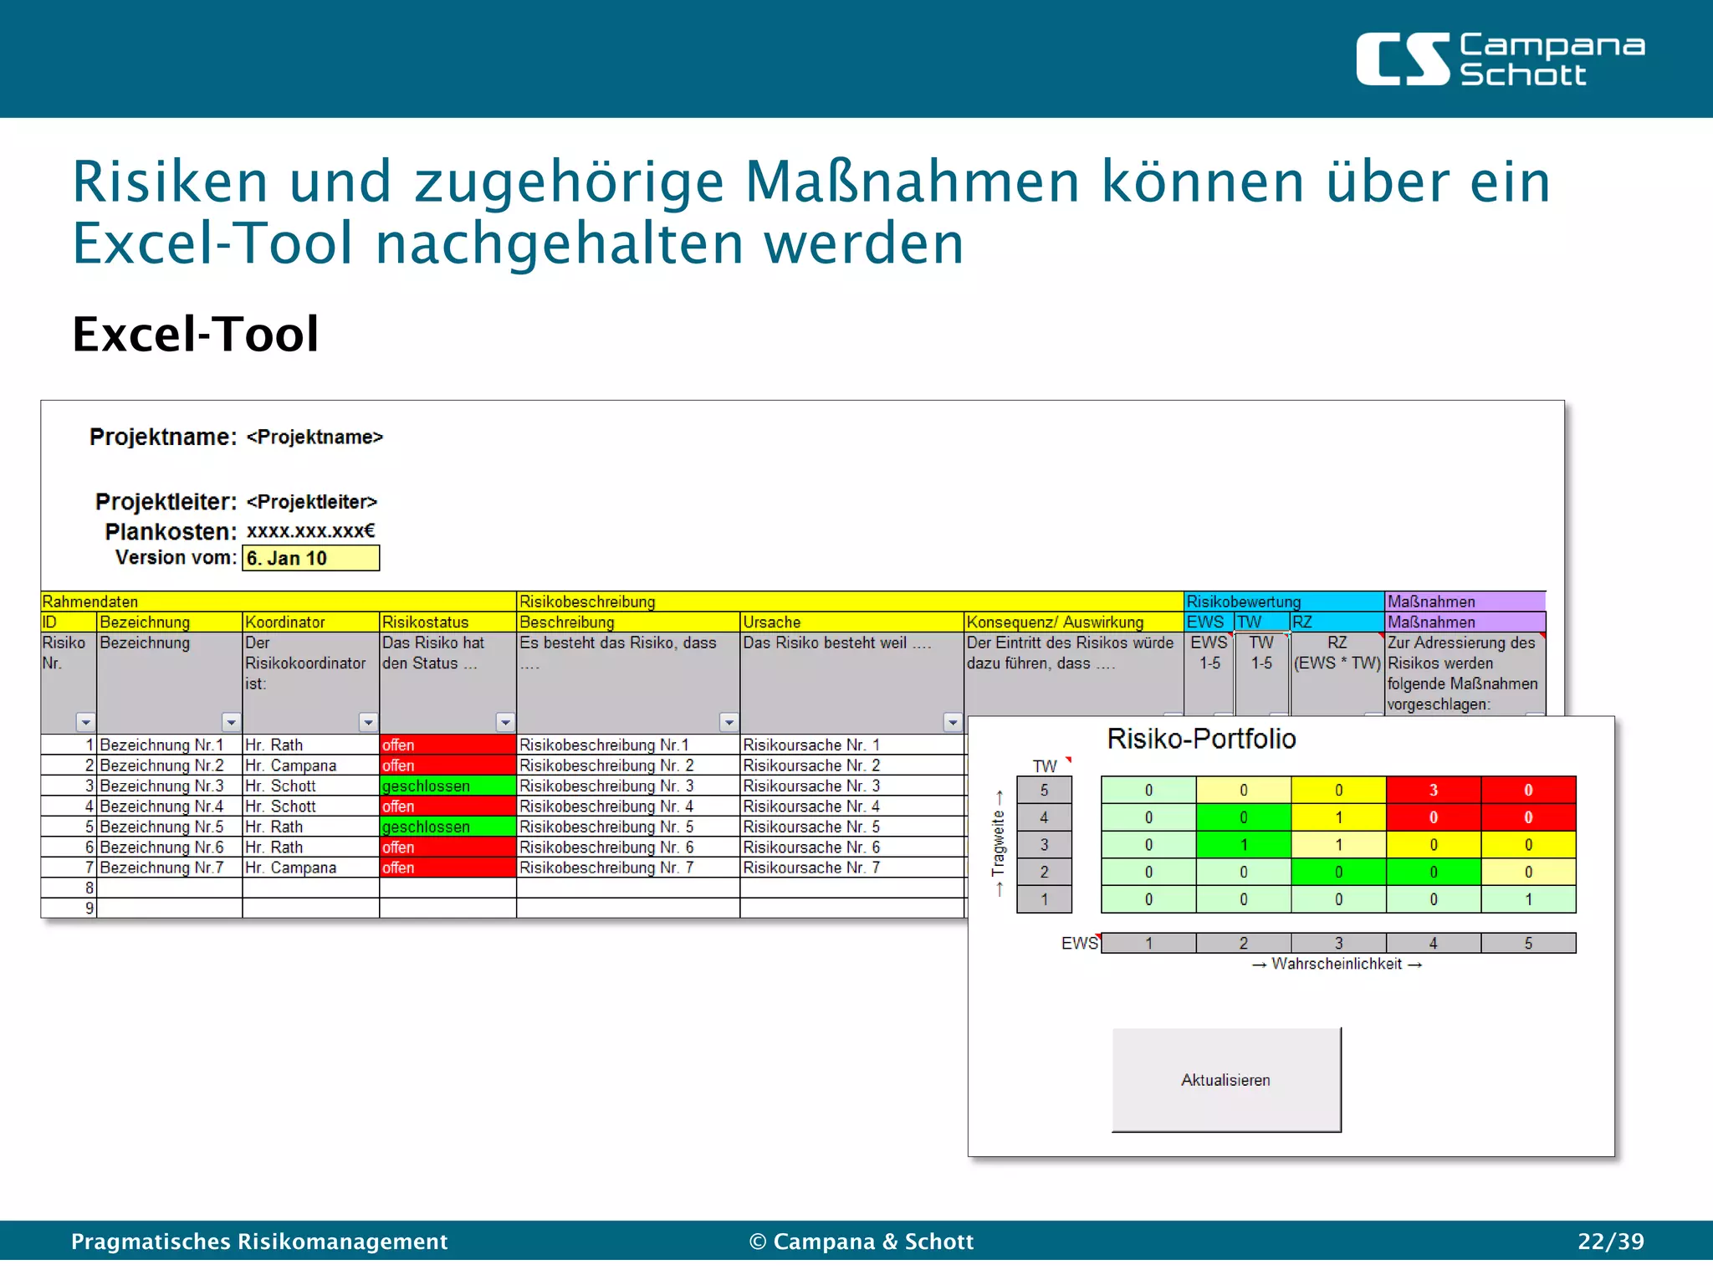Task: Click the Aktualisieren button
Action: (1225, 1079)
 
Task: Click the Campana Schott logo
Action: (1500, 59)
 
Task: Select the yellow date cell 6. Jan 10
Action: (310, 558)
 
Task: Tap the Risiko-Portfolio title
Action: (1201, 739)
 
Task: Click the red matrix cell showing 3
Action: (1433, 790)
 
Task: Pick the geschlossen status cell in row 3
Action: (447, 786)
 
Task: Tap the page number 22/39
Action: (1610, 1241)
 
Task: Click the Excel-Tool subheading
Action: (196, 334)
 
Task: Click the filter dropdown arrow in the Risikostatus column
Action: (505, 722)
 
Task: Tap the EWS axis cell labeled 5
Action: (1528, 943)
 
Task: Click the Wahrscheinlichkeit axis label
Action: (1337, 964)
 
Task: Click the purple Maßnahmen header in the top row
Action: (1464, 601)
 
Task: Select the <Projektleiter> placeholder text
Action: (312, 502)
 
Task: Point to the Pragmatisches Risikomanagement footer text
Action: (259, 1241)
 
